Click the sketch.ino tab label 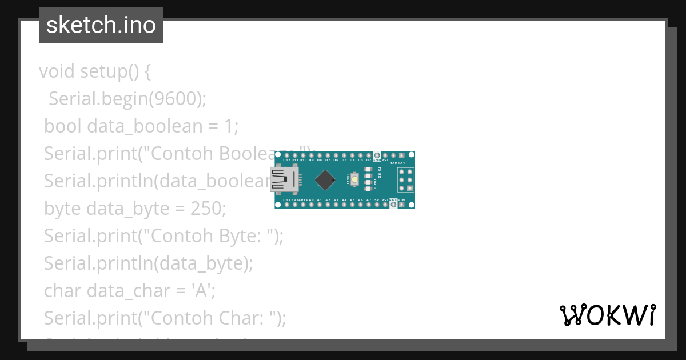[x=101, y=25]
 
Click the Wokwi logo [x=607, y=315]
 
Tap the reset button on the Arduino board [x=355, y=179]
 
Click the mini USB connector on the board [x=284, y=179]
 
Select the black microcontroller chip [x=325, y=179]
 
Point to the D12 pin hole [x=278, y=155]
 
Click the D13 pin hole [x=278, y=205]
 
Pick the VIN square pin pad [x=402, y=205]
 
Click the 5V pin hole [x=377, y=205]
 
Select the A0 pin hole [x=311, y=205]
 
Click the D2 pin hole [x=369, y=155]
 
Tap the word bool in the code [x=63, y=126]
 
